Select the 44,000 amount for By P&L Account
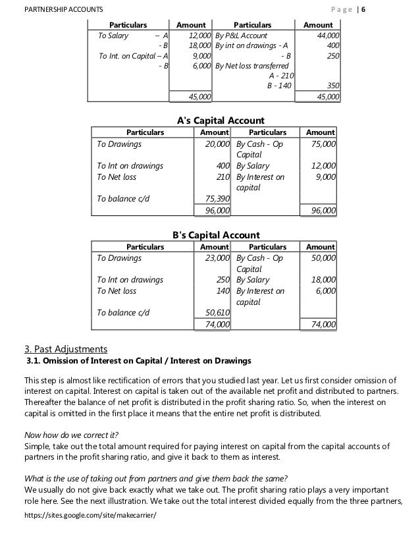[x=326, y=35]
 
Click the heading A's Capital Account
[x=221, y=120]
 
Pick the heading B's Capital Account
[x=216, y=234]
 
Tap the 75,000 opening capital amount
[x=322, y=144]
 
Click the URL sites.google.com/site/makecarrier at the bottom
[x=81, y=533]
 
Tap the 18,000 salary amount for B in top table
[x=198, y=45]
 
